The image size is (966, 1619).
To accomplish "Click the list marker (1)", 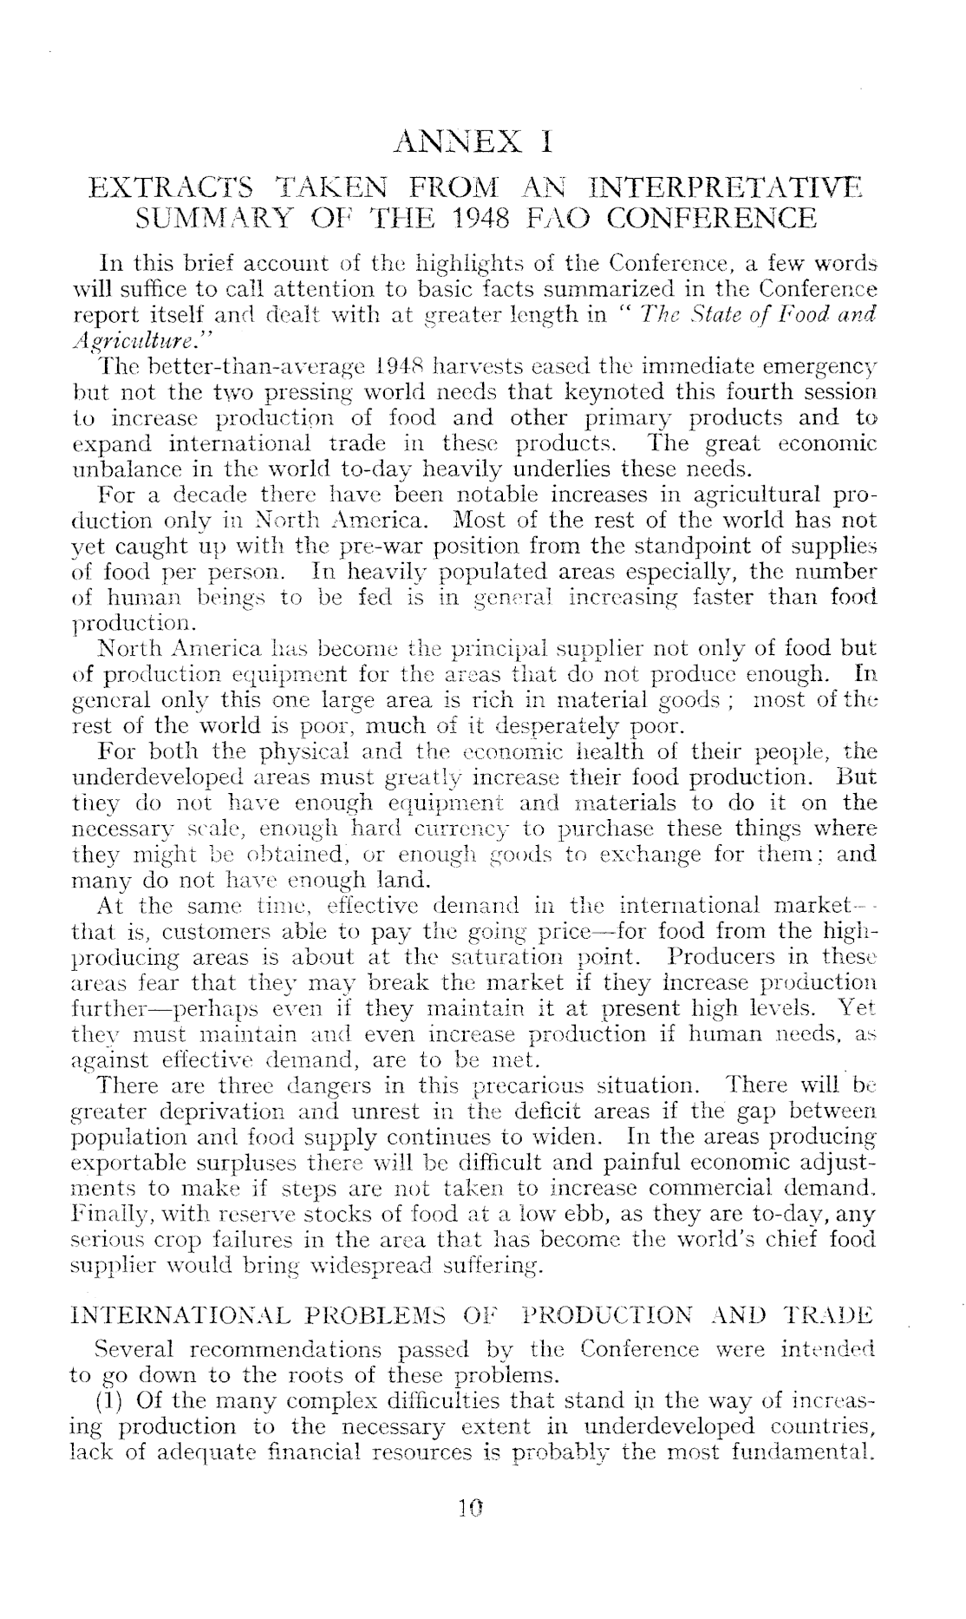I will [x=113, y=1400].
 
